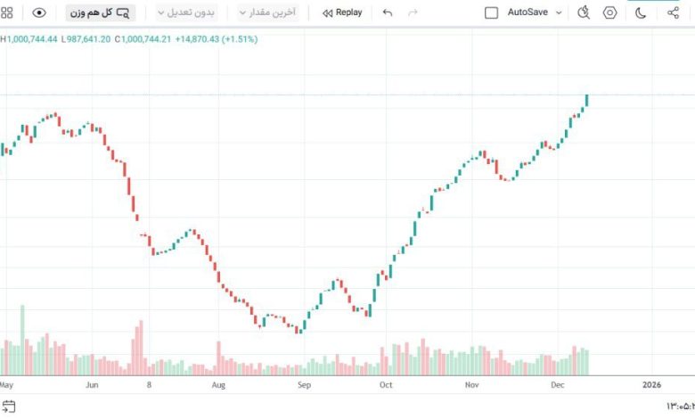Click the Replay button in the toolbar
coord(342,12)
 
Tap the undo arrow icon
coord(387,12)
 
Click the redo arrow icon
coord(412,12)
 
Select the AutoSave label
coord(527,12)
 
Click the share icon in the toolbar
coord(673,12)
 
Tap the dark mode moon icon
coord(641,12)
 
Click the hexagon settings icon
coord(610,12)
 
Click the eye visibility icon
coord(39,12)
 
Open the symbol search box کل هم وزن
coord(99,12)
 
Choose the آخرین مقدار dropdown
coord(267,12)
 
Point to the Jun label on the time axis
coord(92,385)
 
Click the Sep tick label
coord(304,385)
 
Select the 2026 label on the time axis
coord(651,385)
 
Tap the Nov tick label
coord(472,385)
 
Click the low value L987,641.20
coord(86,39)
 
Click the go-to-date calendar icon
coord(9,407)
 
